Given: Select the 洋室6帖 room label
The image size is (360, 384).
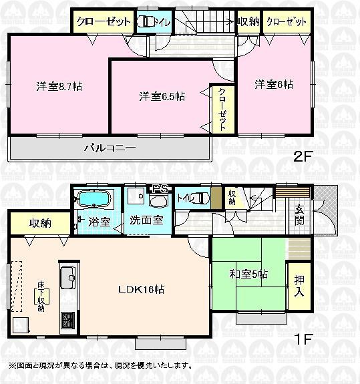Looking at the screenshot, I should point(273,85).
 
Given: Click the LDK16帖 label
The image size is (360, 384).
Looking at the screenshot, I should point(142,290).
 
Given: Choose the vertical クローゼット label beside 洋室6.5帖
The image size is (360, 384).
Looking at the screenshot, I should point(222,110).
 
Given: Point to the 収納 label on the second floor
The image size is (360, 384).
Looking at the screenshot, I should point(248,21).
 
